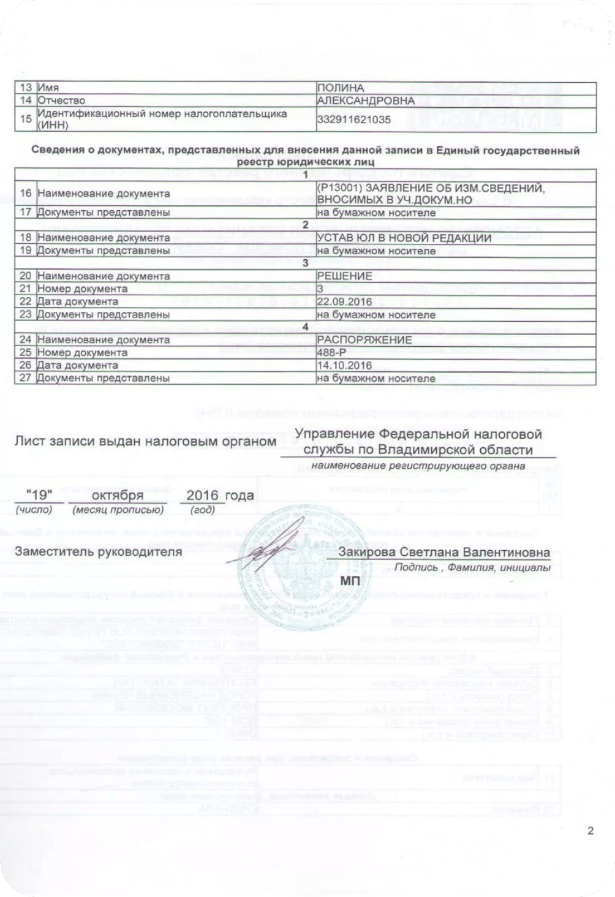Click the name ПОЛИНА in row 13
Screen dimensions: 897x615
point(341,88)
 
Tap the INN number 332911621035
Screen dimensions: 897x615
point(353,120)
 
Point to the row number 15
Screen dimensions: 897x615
point(26,119)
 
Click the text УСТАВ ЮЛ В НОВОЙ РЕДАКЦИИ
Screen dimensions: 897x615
point(404,238)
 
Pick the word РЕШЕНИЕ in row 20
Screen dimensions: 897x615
point(344,276)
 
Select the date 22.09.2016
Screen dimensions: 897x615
point(344,301)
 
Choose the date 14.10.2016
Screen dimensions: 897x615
point(344,365)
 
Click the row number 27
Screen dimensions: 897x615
point(26,378)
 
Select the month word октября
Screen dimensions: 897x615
point(118,495)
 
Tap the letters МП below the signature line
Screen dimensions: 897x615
point(350,580)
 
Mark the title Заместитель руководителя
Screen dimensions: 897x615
point(99,551)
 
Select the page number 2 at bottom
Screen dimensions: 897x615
point(590,831)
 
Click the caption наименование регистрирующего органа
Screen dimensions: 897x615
point(418,466)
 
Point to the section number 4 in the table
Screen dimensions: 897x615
point(305,327)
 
